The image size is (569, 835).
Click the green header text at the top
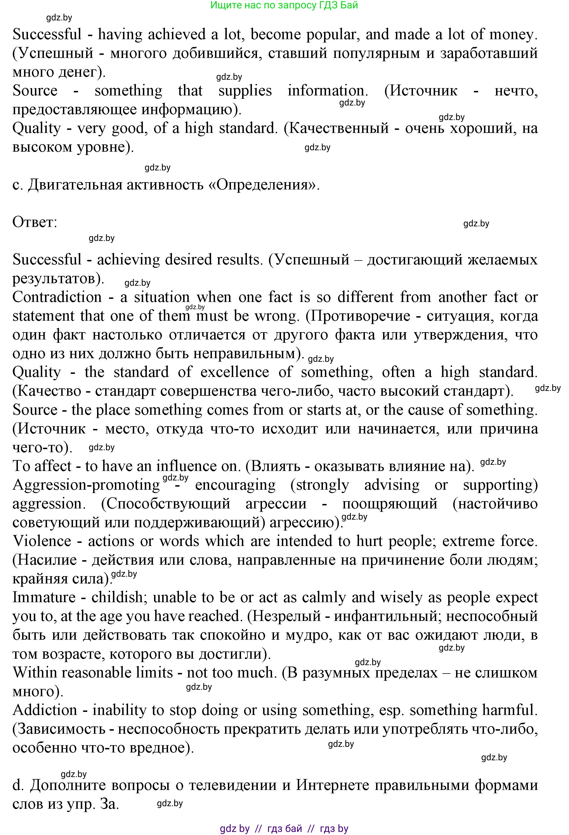[284, 5]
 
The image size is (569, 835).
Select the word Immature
[44, 597]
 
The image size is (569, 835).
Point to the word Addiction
[45, 710]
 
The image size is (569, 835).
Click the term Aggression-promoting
[86, 485]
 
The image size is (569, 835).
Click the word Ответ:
[35, 222]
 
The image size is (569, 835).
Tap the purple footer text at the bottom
[284, 829]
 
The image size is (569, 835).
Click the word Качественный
[339, 128]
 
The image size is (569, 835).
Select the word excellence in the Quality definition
[234, 372]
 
